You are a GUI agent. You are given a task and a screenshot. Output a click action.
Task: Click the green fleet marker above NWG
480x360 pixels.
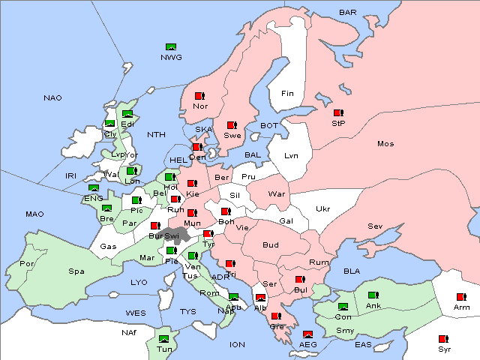(170, 48)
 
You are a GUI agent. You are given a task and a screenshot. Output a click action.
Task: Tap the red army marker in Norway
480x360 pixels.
(199, 96)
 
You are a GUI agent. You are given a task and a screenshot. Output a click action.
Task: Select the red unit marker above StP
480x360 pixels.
(337, 113)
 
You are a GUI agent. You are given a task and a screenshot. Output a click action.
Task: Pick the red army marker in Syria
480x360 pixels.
(443, 339)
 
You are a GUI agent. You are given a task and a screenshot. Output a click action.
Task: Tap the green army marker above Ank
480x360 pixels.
(373, 295)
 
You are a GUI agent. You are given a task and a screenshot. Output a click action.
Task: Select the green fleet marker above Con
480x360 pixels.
(343, 307)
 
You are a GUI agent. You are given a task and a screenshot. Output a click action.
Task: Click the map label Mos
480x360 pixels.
(385, 143)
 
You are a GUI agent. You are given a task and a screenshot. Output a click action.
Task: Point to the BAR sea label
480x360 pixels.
(348, 12)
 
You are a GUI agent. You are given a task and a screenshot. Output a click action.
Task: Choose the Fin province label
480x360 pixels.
(287, 94)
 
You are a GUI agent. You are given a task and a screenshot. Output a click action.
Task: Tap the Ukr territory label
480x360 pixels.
(322, 208)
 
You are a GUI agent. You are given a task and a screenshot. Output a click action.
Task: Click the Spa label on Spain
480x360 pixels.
(76, 271)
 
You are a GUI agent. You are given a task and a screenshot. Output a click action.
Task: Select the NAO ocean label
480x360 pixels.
(52, 98)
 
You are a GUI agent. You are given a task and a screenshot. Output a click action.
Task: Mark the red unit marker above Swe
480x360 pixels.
(232, 125)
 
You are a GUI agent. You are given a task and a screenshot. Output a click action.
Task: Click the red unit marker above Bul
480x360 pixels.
(299, 280)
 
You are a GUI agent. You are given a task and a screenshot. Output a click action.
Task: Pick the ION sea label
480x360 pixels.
(237, 344)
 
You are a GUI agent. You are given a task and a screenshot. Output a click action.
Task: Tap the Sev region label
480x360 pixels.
(375, 226)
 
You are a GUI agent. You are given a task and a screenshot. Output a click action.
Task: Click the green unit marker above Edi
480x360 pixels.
(127, 114)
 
